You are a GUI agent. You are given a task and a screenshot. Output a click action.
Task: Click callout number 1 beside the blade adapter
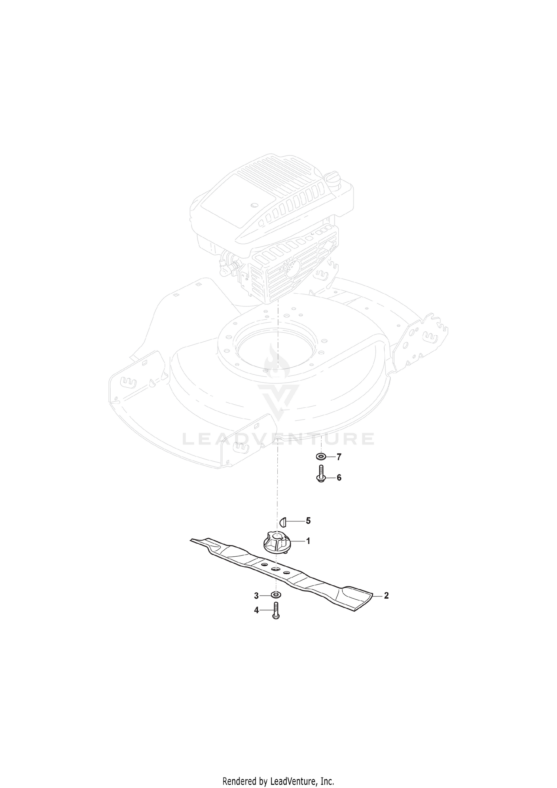click(x=308, y=541)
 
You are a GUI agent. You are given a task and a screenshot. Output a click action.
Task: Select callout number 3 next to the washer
click(x=256, y=596)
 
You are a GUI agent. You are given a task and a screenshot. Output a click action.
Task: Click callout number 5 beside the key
click(x=308, y=521)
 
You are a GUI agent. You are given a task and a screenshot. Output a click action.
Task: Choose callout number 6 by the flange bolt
click(x=339, y=478)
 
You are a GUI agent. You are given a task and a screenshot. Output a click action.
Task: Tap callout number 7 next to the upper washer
click(x=339, y=457)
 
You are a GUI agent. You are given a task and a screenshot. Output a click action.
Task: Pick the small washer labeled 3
click(x=276, y=595)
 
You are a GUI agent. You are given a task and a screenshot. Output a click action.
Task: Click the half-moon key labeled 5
click(x=283, y=521)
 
